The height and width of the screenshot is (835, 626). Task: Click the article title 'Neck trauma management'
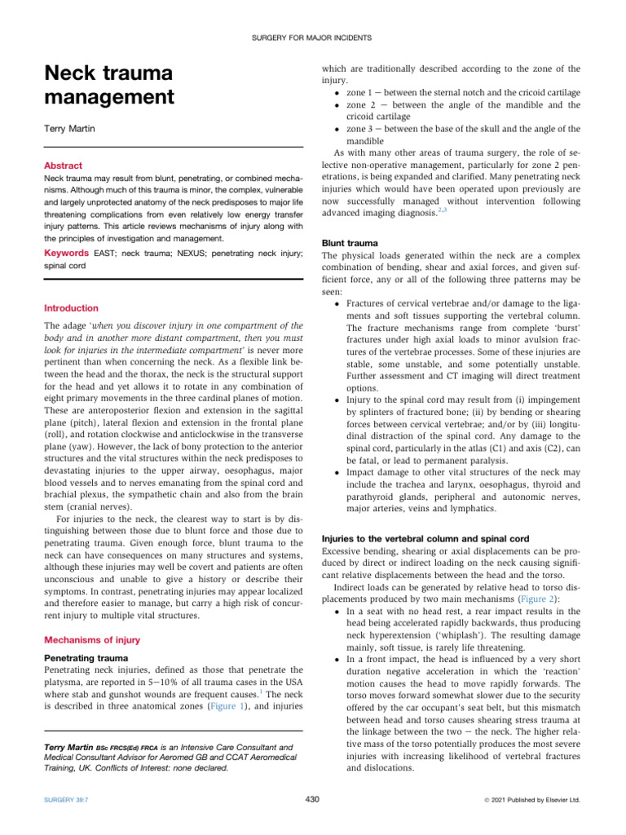[108, 86]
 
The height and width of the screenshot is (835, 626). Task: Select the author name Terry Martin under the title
[69, 129]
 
